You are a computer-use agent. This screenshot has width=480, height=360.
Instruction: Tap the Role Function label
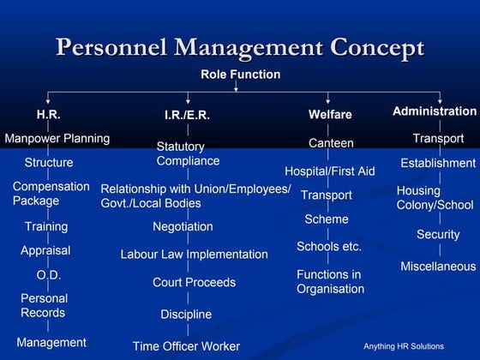pyautogui.click(x=240, y=75)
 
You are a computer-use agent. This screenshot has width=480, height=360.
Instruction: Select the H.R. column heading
pyautogui.click(x=48, y=113)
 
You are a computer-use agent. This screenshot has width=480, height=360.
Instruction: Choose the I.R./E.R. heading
pyautogui.click(x=187, y=115)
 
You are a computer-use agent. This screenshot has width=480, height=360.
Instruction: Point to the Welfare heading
pyautogui.click(x=330, y=115)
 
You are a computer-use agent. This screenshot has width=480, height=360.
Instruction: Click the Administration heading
pyautogui.click(x=434, y=111)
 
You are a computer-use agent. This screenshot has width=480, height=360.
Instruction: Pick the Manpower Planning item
pyautogui.click(x=57, y=138)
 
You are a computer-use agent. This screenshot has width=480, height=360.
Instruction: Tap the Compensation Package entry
pyautogui.click(x=51, y=194)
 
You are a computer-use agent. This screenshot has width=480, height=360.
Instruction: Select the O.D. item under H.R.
pyautogui.click(x=48, y=275)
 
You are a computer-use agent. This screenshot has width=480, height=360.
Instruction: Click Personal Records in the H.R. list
pyautogui.click(x=44, y=306)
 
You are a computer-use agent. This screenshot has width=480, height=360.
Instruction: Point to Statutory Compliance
pyautogui.click(x=188, y=153)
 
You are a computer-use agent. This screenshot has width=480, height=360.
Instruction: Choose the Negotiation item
pyautogui.click(x=183, y=227)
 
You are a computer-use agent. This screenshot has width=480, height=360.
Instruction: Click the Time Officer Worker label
pyautogui.click(x=186, y=346)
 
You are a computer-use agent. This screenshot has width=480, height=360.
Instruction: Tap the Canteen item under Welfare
pyautogui.click(x=331, y=143)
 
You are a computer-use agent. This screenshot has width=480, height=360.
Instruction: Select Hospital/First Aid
pyautogui.click(x=329, y=171)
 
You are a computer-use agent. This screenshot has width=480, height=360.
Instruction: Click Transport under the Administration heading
pyautogui.click(x=438, y=138)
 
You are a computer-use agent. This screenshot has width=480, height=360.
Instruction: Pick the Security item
pyautogui.click(x=438, y=234)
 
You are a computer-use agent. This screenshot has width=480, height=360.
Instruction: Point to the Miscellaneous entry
pyautogui.click(x=438, y=267)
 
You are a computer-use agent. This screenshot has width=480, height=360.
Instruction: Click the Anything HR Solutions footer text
pyautogui.click(x=404, y=346)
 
